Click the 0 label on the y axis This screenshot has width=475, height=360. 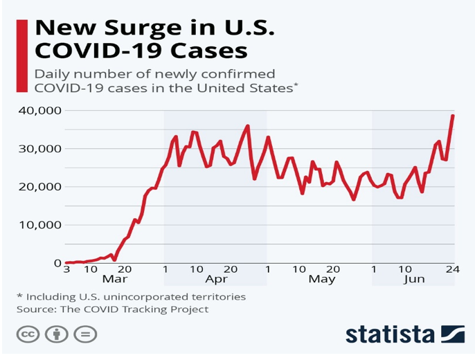click(58, 263)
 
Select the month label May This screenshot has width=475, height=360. click(321, 280)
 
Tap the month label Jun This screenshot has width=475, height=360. click(414, 280)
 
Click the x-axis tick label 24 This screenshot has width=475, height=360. click(453, 269)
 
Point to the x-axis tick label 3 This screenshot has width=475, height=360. click(66, 269)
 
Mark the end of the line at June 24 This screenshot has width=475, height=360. click(453, 116)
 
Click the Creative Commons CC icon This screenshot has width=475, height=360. click(28, 334)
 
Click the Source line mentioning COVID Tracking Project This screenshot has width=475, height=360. click(112, 309)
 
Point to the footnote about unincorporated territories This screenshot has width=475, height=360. click(130, 296)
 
